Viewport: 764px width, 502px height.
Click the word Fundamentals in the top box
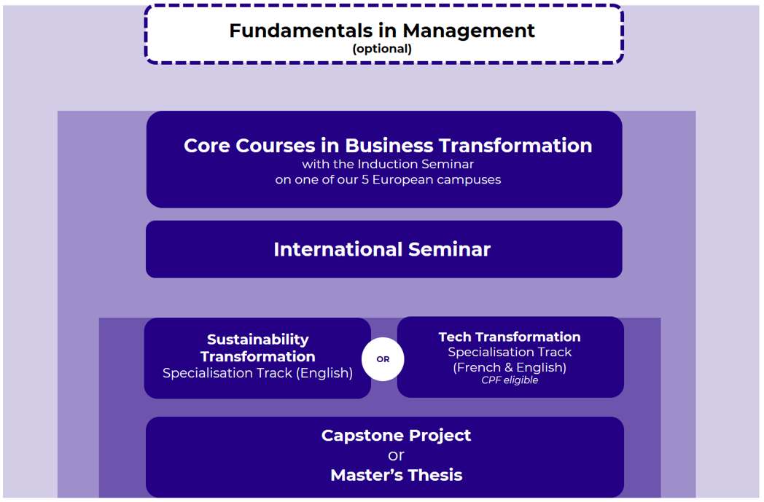(300, 31)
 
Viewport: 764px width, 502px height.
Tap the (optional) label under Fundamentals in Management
(382, 49)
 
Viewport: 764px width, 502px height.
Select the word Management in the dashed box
(469, 31)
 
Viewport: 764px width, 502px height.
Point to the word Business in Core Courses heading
(389, 146)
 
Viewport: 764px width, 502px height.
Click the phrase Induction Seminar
(416, 164)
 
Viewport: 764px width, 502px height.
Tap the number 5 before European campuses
(365, 180)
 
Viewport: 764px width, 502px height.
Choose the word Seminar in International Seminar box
(449, 249)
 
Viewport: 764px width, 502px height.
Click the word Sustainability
(258, 340)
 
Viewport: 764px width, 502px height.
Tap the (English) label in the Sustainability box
(324, 373)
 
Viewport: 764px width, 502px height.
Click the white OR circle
(383, 359)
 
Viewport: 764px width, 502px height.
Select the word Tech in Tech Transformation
(455, 337)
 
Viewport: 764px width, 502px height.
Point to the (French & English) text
(510, 368)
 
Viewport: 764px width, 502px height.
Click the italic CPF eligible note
(510, 380)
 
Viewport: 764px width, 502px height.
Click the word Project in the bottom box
(440, 436)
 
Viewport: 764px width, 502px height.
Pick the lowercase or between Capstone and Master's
(396, 456)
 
